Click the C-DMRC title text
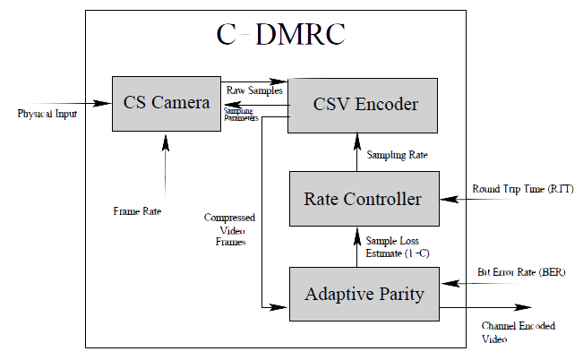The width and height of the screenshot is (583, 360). (x=280, y=35)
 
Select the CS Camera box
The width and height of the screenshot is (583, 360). (x=167, y=103)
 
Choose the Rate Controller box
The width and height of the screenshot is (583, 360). (x=363, y=199)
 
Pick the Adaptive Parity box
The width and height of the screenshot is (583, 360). (x=363, y=294)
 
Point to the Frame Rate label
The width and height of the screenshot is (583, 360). (x=137, y=211)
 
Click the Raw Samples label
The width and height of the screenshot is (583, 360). (x=254, y=90)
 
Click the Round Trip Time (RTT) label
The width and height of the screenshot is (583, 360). (x=522, y=190)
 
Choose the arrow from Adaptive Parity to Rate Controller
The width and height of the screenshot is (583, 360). (x=358, y=246)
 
